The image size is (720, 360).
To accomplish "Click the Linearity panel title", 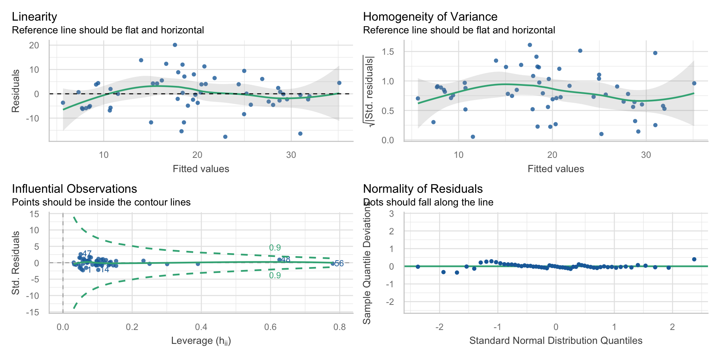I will tap(34, 17).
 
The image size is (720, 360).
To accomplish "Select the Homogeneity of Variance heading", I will tap(430, 17).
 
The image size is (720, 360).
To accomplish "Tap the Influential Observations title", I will tap(74, 189).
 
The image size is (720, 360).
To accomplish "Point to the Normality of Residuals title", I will tap(423, 189).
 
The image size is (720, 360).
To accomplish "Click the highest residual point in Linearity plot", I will tap(175, 45).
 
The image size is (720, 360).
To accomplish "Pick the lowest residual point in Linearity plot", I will tap(225, 137).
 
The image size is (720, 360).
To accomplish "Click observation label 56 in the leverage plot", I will tap(339, 264).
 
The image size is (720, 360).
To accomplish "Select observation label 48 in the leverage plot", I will tap(286, 259).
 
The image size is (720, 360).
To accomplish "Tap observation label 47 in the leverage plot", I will tap(87, 254).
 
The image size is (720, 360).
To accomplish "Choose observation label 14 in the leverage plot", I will tap(105, 270).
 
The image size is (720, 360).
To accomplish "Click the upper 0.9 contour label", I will tap(275, 248).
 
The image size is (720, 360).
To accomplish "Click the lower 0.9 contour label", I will tap(275, 276).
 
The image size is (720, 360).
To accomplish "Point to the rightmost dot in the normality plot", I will tap(694, 259).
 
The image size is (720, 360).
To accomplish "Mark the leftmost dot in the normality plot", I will tap(418, 267).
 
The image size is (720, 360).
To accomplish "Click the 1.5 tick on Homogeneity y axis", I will tap(388, 52).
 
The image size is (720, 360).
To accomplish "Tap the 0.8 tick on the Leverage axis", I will tap(339, 327).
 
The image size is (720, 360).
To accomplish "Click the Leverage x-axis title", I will tap(201, 341).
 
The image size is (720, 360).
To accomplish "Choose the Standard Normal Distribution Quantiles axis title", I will tap(556, 341).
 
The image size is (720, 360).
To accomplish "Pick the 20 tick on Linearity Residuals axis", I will tap(34, 45).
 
